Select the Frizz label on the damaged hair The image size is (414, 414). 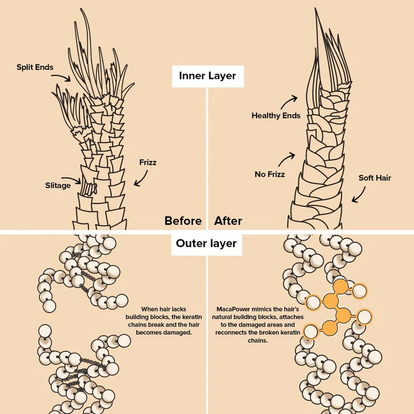(x=148, y=162)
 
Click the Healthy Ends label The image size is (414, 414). (x=276, y=116)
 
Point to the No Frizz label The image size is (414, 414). (x=270, y=175)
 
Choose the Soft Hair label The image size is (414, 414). (x=374, y=178)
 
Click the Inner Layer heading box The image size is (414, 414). (x=207, y=76)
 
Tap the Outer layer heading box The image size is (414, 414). (x=206, y=243)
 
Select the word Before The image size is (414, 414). (x=183, y=221)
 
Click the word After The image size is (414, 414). (x=228, y=221)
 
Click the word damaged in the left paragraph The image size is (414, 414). (x=178, y=333)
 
